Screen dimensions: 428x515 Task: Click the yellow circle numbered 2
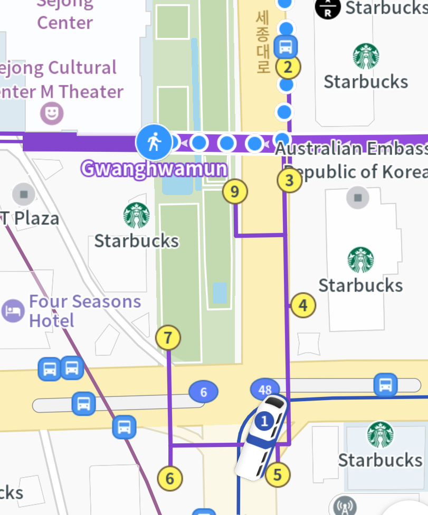click(x=288, y=67)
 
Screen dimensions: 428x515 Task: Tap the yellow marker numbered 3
click(x=289, y=181)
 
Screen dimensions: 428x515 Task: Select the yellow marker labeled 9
click(x=235, y=191)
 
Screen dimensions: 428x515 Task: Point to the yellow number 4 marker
click(x=303, y=305)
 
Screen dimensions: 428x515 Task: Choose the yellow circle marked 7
click(x=168, y=338)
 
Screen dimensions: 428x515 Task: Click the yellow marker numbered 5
click(x=278, y=475)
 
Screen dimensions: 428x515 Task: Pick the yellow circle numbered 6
click(x=170, y=478)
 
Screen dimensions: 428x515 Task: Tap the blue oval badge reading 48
click(x=265, y=390)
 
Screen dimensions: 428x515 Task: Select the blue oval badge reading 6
click(x=204, y=392)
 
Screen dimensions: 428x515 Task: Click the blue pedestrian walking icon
click(x=154, y=142)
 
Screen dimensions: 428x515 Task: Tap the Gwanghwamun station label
click(x=154, y=169)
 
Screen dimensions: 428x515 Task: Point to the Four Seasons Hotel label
click(x=84, y=311)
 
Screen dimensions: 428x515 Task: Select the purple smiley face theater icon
click(x=52, y=113)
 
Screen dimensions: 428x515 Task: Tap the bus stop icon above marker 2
click(x=286, y=47)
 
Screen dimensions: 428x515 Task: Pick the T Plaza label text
click(x=30, y=218)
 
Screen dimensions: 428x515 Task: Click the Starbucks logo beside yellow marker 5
click(x=380, y=434)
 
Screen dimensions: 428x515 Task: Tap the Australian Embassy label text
click(x=351, y=149)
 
